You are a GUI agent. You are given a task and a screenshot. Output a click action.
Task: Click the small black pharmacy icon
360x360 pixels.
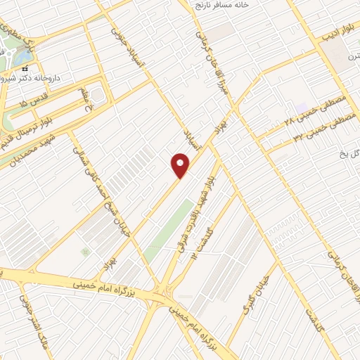[25, 69]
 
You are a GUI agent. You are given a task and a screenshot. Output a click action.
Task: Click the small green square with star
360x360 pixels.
[85, 252]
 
